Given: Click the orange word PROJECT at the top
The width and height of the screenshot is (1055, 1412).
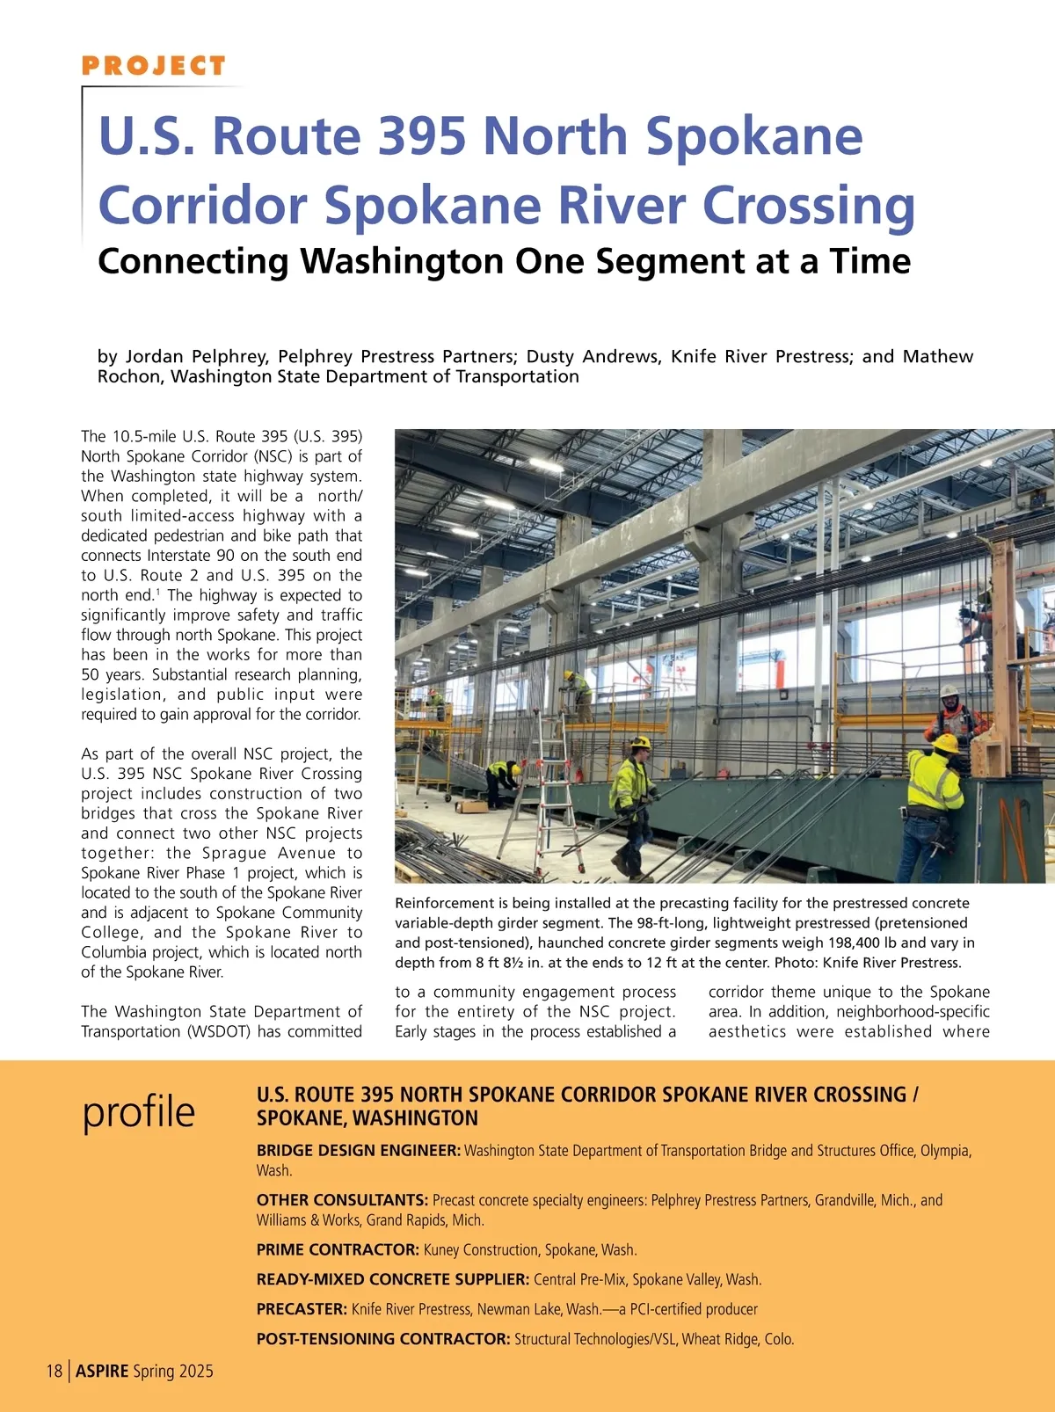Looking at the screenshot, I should click(154, 66).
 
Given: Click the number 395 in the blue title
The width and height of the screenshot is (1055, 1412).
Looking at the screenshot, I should click(422, 136).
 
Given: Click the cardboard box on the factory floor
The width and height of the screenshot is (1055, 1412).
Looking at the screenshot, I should click(470, 804).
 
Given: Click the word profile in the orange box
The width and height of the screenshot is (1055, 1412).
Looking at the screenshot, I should click(139, 1112).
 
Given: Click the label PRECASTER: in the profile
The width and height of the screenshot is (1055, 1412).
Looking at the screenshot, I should click(302, 1309).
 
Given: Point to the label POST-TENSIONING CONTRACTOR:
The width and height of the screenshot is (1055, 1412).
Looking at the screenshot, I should click(382, 1339).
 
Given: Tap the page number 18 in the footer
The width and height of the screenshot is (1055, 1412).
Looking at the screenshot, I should click(55, 1372).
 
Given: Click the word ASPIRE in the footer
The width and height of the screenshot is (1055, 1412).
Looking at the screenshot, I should click(102, 1372).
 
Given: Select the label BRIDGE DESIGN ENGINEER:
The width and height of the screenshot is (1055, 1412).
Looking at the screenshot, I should click(358, 1151).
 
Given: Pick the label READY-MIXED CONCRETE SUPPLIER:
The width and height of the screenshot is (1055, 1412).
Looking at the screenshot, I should click(392, 1279).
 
